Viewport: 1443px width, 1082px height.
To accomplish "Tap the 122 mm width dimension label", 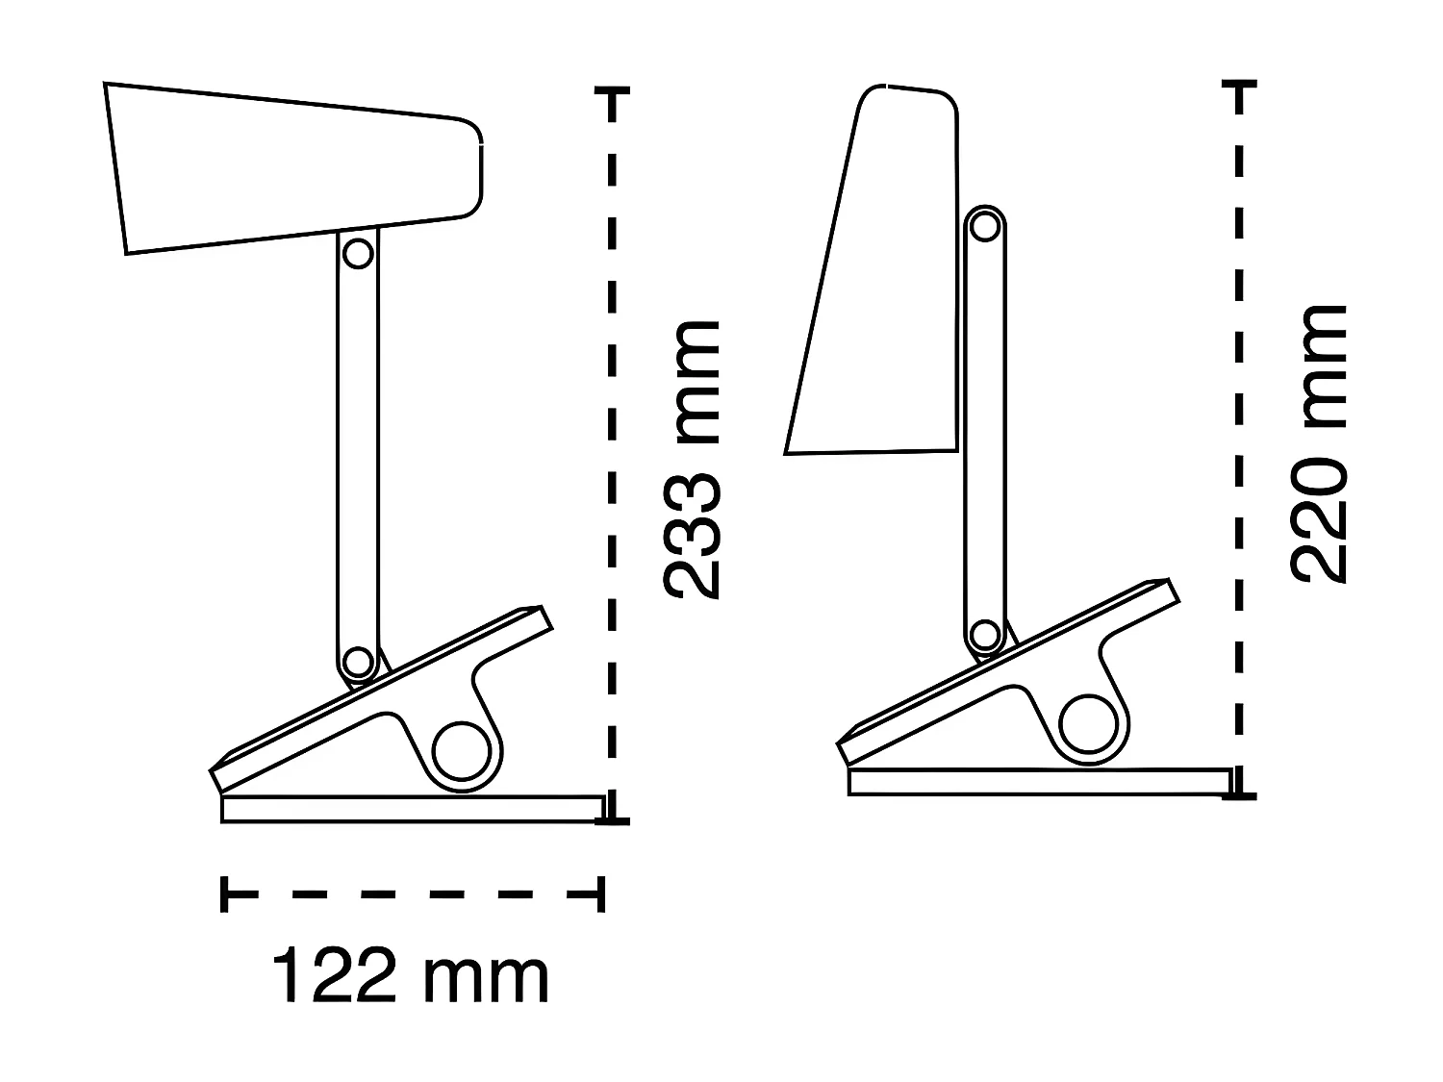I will [411, 977].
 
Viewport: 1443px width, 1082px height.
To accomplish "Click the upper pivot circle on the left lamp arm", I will [358, 254].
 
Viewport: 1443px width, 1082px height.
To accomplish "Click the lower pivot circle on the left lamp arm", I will [357, 662].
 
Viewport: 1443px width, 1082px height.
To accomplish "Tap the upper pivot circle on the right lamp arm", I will [984, 226].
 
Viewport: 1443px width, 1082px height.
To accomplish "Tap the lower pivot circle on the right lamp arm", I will [984, 635].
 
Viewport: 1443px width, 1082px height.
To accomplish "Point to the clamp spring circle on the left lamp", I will [462, 750].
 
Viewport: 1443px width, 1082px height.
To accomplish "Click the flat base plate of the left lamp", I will [412, 809].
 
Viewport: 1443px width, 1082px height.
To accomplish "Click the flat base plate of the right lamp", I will [1039, 782].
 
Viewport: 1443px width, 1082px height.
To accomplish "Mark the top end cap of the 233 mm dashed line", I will [612, 92].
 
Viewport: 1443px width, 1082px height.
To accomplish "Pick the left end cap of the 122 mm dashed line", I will [224, 893].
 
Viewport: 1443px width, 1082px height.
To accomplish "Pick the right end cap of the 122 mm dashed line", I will [600, 893].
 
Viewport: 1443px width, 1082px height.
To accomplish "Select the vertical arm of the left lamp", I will [358, 452].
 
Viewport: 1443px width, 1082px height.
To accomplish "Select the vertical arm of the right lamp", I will [984, 433].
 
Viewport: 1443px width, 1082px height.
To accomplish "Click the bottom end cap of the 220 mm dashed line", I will [1240, 793].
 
